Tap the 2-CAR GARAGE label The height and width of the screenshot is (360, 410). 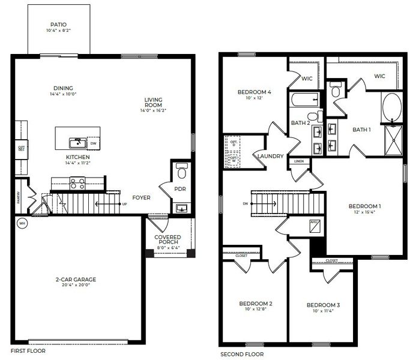76,279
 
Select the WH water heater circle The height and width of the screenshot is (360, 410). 22,224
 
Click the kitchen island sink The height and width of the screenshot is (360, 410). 76,142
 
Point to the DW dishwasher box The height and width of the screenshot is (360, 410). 92,143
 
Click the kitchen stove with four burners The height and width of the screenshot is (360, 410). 77,182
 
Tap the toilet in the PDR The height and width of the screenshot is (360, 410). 182,172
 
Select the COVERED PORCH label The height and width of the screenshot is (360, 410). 167,241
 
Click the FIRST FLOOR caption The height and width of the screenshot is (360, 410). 28,350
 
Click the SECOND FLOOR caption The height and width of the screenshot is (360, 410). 241,355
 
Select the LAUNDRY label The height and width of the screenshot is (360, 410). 270,156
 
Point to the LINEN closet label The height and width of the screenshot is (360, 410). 298,161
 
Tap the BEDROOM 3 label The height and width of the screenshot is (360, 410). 323,305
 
